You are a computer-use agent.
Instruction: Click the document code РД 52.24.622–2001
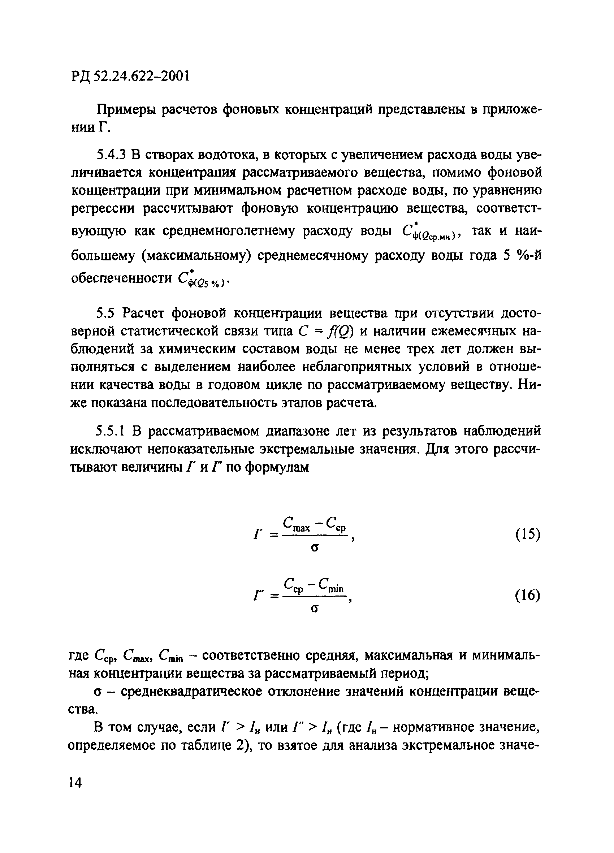point(129,76)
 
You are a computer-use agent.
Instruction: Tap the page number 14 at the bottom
point(75,783)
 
